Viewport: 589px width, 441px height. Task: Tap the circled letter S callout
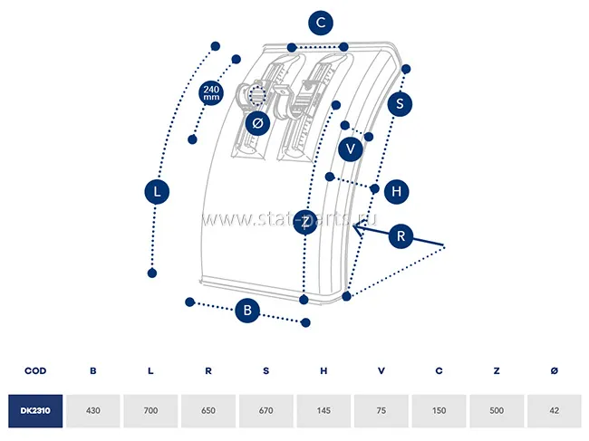400,103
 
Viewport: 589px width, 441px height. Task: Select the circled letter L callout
158,191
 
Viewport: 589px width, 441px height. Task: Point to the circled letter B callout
247,311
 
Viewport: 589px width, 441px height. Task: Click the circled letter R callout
403,236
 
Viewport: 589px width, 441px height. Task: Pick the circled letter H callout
396,191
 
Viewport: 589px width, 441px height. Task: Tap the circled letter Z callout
307,222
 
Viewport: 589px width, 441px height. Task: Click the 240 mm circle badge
211,92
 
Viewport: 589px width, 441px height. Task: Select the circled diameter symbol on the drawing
256,122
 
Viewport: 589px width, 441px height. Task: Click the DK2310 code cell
35,410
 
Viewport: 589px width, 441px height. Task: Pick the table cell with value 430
93,410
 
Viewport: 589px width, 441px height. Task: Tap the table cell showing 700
151,410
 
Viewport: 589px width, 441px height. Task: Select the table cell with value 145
323,410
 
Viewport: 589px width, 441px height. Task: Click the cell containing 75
381,410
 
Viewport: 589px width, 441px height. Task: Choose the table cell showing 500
497,410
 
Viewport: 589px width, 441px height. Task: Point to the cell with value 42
554,410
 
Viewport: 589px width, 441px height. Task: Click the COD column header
35,370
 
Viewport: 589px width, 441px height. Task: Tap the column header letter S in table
266,370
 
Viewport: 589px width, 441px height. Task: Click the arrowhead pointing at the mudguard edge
357,230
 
